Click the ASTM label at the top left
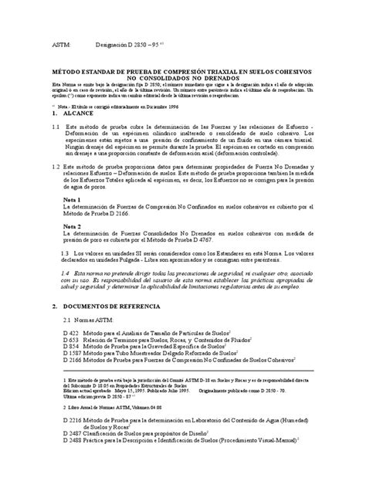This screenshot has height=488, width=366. click(x=60, y=46)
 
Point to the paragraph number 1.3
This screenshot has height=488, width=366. click(x=66, y=253)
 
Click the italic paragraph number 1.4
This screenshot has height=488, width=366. click(x=66, y=273)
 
